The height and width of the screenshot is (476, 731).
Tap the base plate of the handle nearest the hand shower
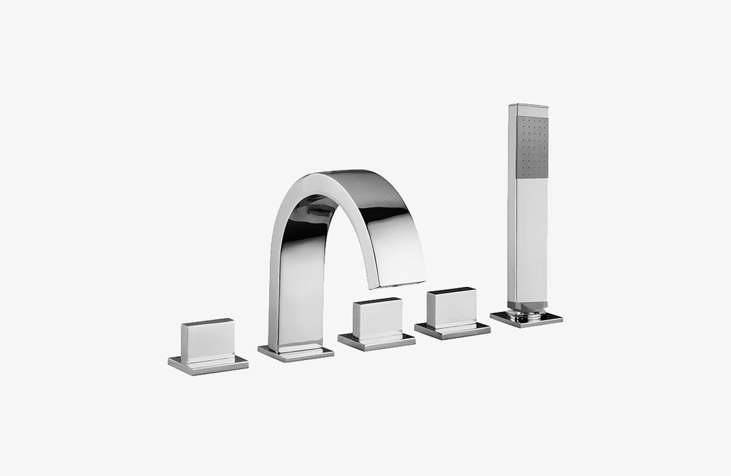(452, 330)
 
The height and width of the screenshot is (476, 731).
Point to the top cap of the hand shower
(529, 107)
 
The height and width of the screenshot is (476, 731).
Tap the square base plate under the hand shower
(526, 319)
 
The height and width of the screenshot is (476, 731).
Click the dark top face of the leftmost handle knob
(208, 322)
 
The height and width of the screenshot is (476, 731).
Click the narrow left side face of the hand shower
(512, 207)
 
